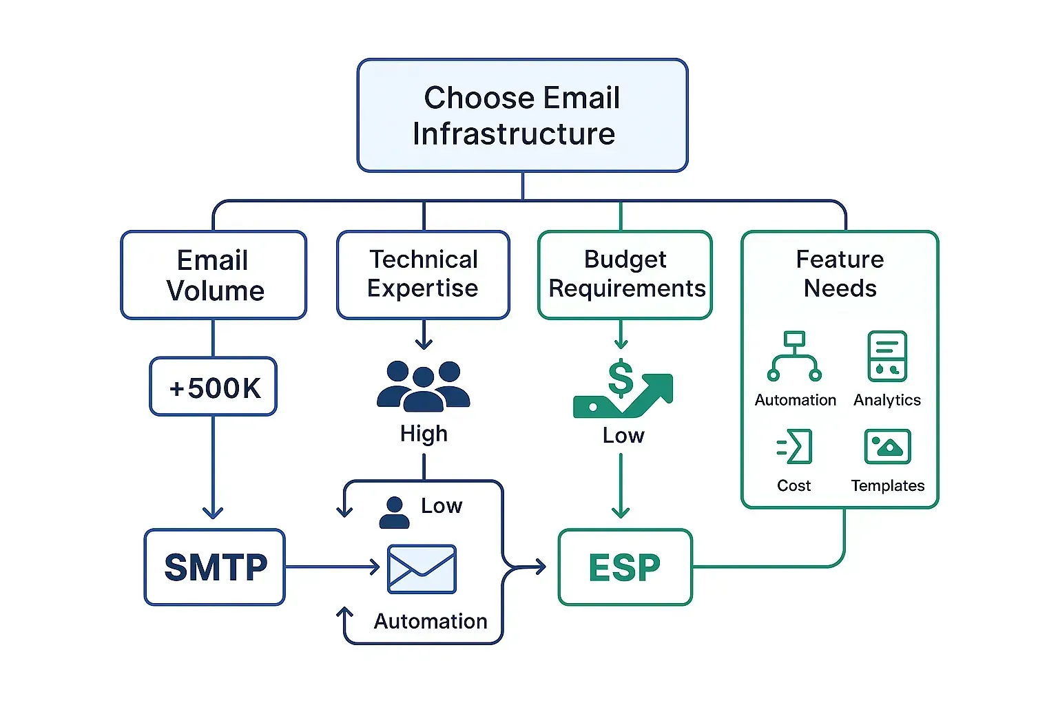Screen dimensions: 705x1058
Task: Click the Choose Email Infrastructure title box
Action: [522, 116]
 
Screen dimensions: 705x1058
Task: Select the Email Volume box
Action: [214, 275]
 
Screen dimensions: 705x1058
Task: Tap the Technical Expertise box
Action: [423, 275]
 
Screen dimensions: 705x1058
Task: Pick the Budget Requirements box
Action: [625, 275]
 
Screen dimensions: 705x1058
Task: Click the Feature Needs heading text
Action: [840, 273]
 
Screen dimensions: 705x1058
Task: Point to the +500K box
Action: [214, 387]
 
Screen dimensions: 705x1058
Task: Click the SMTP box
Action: [215, 567]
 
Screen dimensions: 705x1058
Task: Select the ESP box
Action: [625, 567]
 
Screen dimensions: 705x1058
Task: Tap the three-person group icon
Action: [423, 386]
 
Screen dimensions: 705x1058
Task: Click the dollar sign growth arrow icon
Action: [623, 390]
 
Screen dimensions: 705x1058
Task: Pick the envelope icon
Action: [422, 569]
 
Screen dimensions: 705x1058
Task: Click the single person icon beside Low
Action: [394, 513]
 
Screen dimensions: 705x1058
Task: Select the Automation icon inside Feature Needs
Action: [794, 357]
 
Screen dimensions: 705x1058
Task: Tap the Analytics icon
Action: [887, 357]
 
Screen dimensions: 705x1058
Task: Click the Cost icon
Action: [794, 447]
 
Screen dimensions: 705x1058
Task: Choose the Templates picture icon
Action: [887, 447]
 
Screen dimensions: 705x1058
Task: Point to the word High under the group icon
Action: [424, 434]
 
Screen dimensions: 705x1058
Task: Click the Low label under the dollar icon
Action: [623, 436]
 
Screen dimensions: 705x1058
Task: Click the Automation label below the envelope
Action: [431, 622]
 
